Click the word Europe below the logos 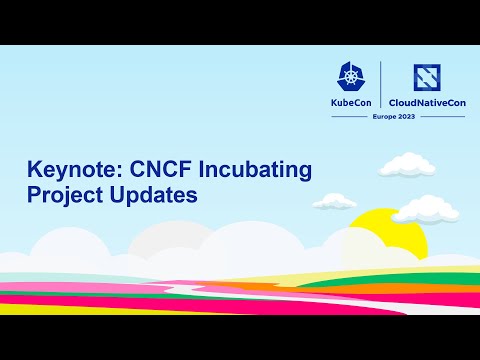pos(386,117)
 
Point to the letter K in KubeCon pos(336,102)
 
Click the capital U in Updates pos(116,195)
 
